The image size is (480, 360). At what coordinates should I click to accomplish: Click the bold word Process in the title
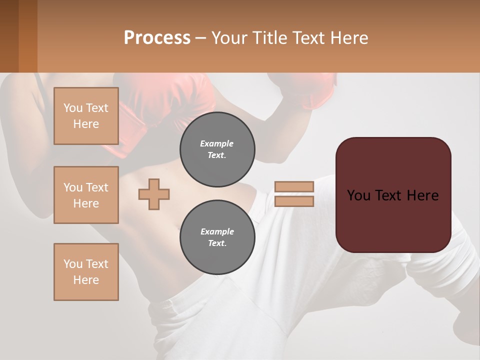point(157,37)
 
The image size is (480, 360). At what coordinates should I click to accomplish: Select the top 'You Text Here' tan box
point(86,116)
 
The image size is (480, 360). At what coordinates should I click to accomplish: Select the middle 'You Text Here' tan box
point(86,195)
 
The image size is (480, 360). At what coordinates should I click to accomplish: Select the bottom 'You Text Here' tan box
point(86,271)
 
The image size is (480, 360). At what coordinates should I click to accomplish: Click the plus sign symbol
point(154,194)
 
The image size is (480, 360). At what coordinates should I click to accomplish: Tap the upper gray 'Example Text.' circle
point(217,149)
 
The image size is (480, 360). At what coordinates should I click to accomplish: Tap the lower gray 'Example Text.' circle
point(217,237)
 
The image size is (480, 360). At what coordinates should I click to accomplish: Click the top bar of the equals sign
point(294,187)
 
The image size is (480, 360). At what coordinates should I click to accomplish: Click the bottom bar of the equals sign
point(294,201)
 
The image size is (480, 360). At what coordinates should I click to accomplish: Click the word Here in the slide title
point(350,37)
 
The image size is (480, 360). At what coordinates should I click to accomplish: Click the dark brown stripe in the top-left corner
point(9,36)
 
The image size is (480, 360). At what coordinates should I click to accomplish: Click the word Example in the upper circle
point(217,143)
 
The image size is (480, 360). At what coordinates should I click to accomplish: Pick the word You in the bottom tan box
point(73,264)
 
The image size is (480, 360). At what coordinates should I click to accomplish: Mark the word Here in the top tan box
point(86,124)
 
